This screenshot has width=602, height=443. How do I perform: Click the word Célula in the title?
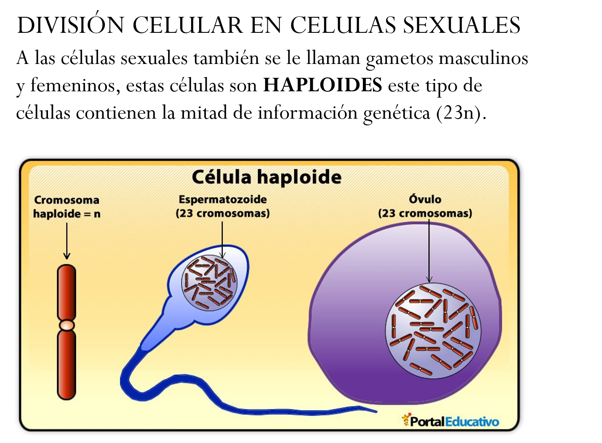221,177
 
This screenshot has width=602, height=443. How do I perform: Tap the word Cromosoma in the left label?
67,200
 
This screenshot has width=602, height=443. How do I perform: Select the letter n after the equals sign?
97,214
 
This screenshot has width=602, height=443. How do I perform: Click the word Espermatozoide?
223,199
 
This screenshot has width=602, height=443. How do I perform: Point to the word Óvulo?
425,199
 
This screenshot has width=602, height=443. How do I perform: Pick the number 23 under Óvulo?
389,213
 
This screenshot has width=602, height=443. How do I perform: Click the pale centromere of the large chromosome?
67,325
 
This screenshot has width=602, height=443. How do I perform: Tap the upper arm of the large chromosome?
67,292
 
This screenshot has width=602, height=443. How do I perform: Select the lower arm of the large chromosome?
67,364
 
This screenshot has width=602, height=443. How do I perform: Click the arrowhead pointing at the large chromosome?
67,255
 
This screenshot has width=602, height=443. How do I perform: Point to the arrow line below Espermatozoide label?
222,236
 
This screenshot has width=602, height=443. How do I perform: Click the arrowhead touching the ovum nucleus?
429,279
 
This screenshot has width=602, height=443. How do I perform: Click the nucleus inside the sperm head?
209,283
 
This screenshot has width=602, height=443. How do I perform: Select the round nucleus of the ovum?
434,330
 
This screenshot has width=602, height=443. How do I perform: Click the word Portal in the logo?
427,422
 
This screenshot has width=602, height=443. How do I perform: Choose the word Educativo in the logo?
472,422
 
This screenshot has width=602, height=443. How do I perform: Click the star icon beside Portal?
406,419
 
